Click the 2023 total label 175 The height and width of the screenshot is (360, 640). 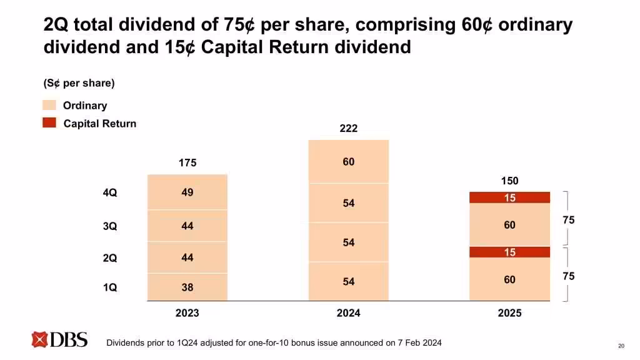pyautogui.click(x=187, y=162)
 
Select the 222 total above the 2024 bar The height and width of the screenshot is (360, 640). pyautogui.click(x=348, y=128)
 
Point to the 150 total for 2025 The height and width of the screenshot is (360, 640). pyautogui.click(x=509, y=181)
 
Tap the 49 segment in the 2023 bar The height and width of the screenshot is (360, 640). pyautogui.click(x=187, y=192)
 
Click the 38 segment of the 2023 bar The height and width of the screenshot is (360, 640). pyautogui.click(x=187, y=287)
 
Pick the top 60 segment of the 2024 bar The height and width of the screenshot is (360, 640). pyautogui.click(x=348, y=162)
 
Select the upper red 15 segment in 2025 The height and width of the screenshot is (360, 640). pyautogui.click(x=509, y=197)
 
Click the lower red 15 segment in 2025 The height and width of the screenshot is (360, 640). pyautogui.click(x=509, y=252)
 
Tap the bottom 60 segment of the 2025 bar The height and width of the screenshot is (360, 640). pyautogui.click(x=509, y=279)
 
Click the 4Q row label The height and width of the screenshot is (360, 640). pyautogui.click(x=110, y=193)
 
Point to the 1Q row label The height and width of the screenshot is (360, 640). pyautogui.click(x=110, y=287)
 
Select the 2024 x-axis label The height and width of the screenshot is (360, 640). pyautogui.click(x=348, y=313)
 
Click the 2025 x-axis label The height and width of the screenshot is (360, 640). pyautogui.click(x=509, y=313)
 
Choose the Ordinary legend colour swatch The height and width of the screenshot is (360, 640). pyautogui.click(x=49, y=105)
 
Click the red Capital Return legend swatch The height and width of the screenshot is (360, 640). pyautogui.click(x=49, y=123)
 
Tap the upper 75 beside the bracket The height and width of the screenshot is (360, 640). pyautogui.click(x=568, y=220)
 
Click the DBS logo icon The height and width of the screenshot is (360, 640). pyautogui.click(x=40, y=339)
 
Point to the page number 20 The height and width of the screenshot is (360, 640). pyautogui.click(x=621, y=346)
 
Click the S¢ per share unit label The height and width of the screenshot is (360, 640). pyautogui.click(x=79, y=83)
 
